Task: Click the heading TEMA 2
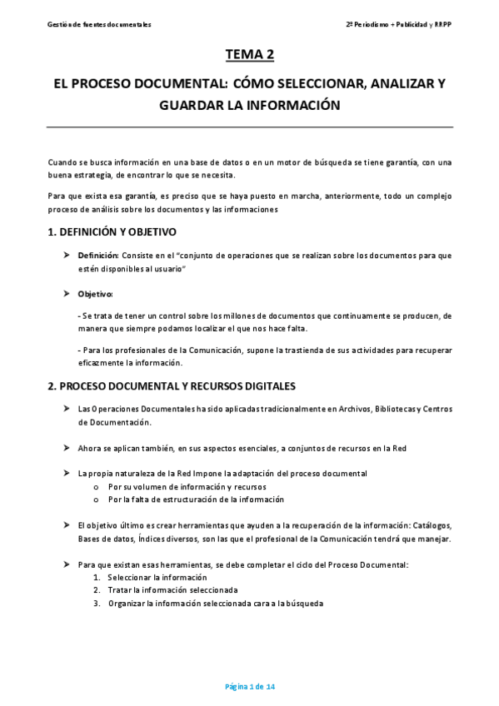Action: coord(249,55)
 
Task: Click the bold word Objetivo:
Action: coord(95,294)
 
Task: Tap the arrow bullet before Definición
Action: coord(67,255)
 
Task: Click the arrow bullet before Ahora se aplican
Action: coord(67,448)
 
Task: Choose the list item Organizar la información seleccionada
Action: coord(215,603)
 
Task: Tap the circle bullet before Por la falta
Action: coord(97,500)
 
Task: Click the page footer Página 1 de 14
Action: coord(250,687)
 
